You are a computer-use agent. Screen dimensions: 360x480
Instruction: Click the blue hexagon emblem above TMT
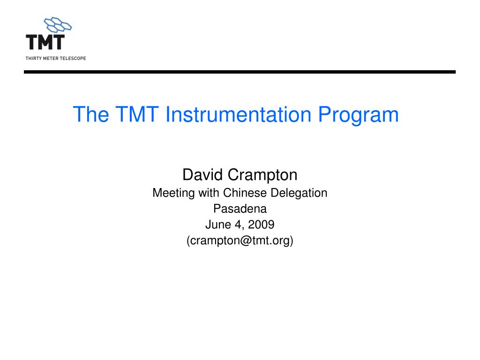[58, 24]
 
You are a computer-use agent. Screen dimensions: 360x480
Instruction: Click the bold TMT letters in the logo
[45, 42]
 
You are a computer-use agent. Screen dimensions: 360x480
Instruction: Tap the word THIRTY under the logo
[34, 58]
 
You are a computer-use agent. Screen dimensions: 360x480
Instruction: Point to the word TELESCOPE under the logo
[73, 58]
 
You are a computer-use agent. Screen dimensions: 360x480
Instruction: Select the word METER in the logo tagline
[51, 58]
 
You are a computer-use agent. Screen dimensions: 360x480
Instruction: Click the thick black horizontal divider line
[240, 72]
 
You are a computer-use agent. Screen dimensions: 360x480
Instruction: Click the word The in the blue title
[91, 115]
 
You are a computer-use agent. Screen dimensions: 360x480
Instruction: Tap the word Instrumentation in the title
[238, 115]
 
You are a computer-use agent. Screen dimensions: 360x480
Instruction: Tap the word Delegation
[299, 193]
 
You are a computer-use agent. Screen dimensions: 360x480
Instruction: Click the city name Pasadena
[240, 209]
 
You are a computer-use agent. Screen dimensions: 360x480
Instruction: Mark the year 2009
[261, 225]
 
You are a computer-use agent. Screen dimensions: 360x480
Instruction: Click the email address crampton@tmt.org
[240, 241]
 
